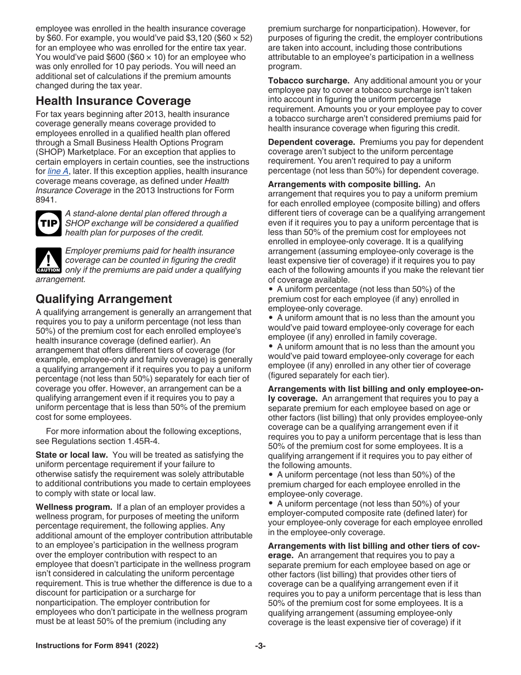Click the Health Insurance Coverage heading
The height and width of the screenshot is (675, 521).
[113, 101]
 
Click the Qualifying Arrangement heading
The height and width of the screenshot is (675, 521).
[104, 299]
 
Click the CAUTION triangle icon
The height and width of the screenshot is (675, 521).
[47, 261]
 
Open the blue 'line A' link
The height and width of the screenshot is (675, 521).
[56, 171]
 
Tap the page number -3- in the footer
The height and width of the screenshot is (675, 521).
[260, 646]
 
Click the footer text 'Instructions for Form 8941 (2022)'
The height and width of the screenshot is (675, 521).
[97, 646]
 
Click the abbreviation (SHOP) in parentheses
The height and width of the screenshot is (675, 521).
[50, 152]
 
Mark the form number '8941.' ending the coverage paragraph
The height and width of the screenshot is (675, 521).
[46, 200]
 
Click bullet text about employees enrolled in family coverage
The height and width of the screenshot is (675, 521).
[371, 327]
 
